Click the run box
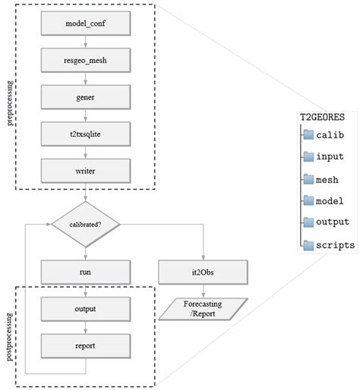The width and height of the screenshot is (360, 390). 85,272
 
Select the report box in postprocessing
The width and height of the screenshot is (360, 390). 85,345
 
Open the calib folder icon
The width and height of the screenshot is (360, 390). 308,134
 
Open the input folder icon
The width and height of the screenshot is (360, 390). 308,156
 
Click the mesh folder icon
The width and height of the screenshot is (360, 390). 308,179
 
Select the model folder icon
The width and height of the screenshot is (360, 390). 308,200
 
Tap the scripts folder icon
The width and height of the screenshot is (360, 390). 308,244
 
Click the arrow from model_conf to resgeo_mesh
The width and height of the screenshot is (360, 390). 85,43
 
